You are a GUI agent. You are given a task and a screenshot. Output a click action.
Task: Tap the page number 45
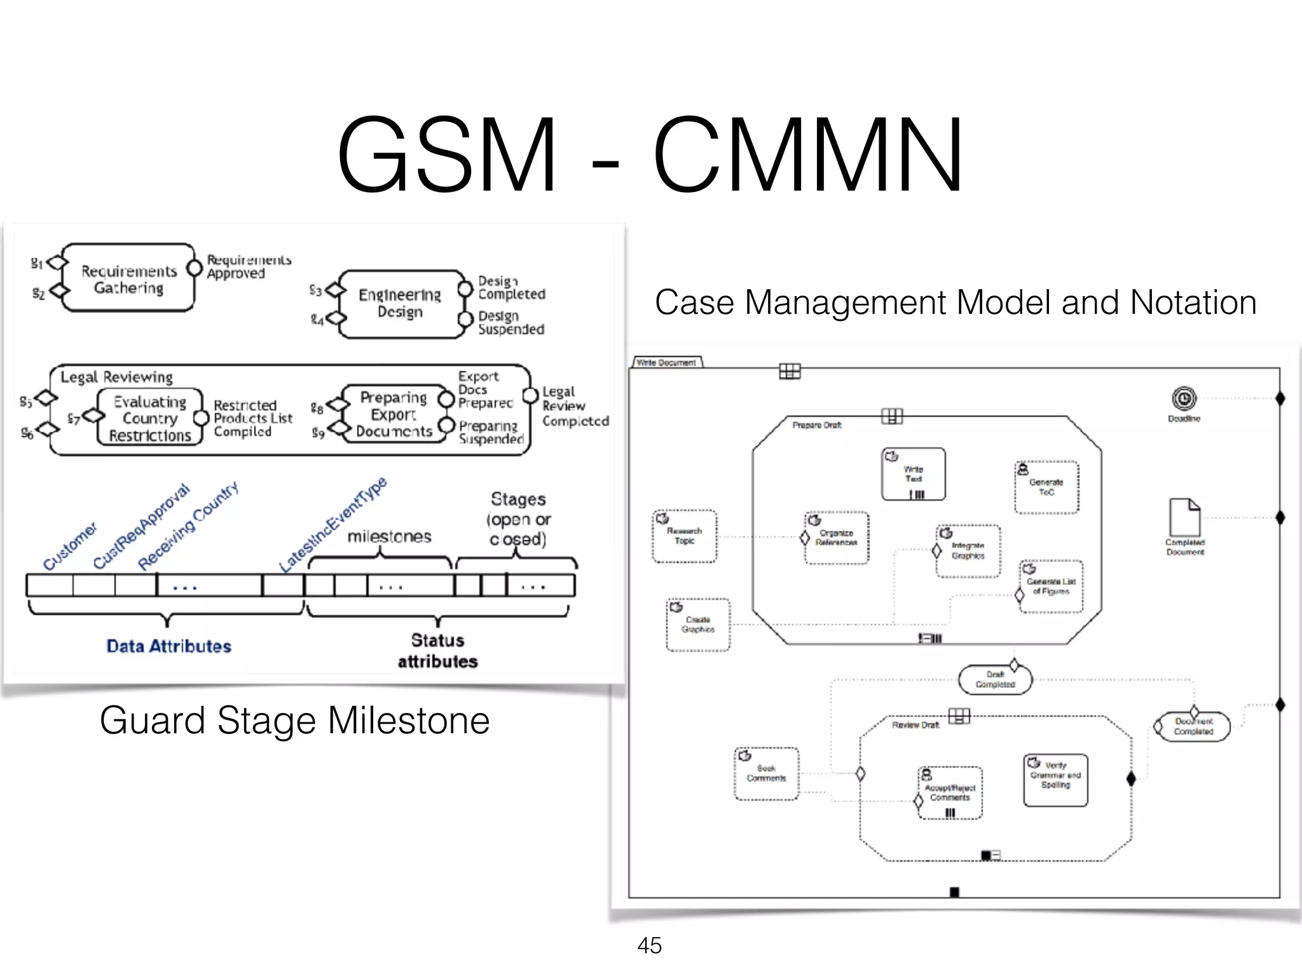click(649, 945)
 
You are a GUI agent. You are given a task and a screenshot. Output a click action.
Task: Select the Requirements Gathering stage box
click(129, 278)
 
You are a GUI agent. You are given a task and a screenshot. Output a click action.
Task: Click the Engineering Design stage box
click(400, 303)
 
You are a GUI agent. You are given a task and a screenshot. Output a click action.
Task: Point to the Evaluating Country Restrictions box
click(150, 417)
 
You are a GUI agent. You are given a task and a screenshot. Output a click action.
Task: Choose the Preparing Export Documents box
click(394, 414)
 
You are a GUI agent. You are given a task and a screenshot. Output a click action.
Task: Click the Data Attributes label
click(168, 646)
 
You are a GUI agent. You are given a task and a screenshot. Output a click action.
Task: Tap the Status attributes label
click(437, 651)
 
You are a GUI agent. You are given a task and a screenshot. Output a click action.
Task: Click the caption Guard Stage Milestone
click(294, 721)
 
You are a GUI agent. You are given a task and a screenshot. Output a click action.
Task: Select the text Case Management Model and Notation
click(956, 302)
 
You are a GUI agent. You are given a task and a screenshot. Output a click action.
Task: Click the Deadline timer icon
click(1184, 399)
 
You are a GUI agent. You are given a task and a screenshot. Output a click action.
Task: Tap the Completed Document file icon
click(1184, 517)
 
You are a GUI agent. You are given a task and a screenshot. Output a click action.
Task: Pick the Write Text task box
click(914, 474)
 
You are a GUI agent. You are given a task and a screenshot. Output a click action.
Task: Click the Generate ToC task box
click(1046, 487)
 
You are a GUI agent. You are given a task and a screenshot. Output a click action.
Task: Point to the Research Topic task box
click(684, 536)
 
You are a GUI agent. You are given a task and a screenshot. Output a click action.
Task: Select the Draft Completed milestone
click(995, 680)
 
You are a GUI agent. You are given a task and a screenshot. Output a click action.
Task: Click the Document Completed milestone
click(1193, 726)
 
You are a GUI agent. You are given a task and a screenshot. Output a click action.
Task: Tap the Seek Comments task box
click(766, 773)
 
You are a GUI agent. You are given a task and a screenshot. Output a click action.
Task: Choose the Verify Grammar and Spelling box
click(1055, 780)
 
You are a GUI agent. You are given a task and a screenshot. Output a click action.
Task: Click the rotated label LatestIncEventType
click(333, 525)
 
